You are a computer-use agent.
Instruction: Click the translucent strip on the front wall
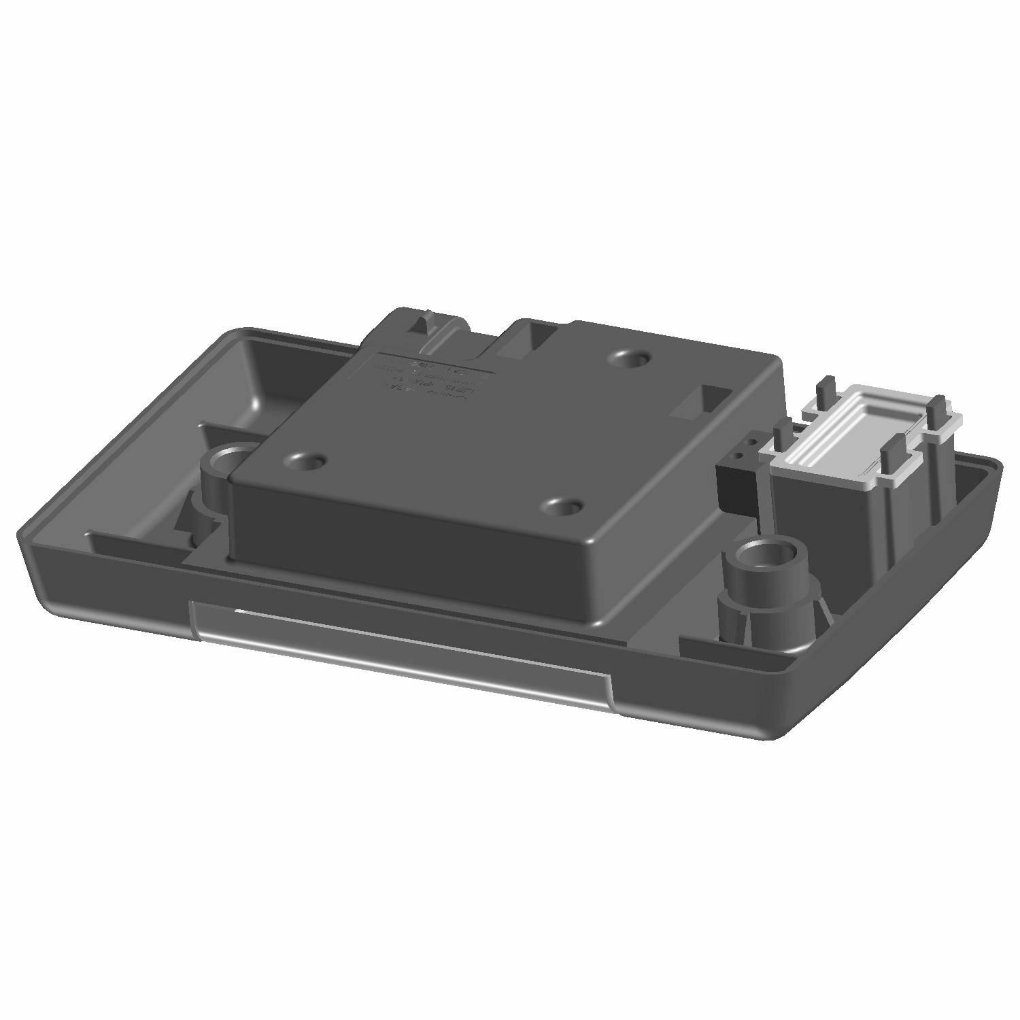tap(401, 632)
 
